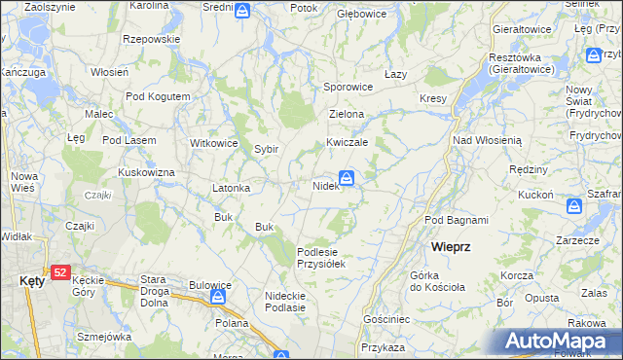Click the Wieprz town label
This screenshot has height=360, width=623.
coord(452,247)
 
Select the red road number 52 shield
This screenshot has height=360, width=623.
coord(60,272)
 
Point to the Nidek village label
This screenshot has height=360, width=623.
coord(325,185)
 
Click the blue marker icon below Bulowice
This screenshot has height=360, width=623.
coord(221,297)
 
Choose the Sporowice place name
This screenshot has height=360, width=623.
coord(348,87)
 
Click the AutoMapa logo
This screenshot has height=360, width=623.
coord(566,342)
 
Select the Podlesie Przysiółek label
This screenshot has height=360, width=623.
coord(321,257)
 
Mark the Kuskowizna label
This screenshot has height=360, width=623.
coord(146,172)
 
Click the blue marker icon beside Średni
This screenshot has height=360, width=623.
coord(242,11)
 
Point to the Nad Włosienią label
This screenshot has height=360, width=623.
coord(488,140)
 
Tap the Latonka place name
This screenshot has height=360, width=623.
coord(232,188)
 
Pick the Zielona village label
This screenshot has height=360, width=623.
coord(347,114)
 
